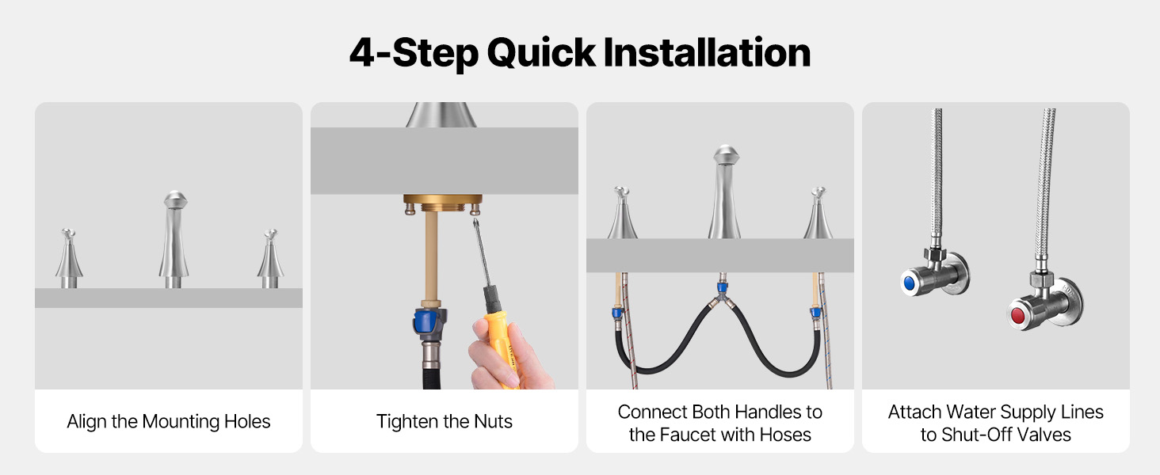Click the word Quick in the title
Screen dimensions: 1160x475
click(541, 53)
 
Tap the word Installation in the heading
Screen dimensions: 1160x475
click(707, 52)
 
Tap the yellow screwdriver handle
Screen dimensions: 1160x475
click(502, 346)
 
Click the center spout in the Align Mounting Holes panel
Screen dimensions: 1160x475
click(174, 239)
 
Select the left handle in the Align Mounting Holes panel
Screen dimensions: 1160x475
click(69, 258)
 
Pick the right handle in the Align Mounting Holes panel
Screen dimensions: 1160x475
click(270, 259)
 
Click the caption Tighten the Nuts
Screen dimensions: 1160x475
click(445, 421)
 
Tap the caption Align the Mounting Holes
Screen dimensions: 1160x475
click(168, 422)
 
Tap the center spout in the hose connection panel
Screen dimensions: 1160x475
click(725, 192)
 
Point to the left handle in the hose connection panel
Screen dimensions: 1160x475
click(622, 212)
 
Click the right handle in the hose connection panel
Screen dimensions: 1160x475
click(818, 213)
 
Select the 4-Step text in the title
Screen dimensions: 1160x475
click(414, 53)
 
